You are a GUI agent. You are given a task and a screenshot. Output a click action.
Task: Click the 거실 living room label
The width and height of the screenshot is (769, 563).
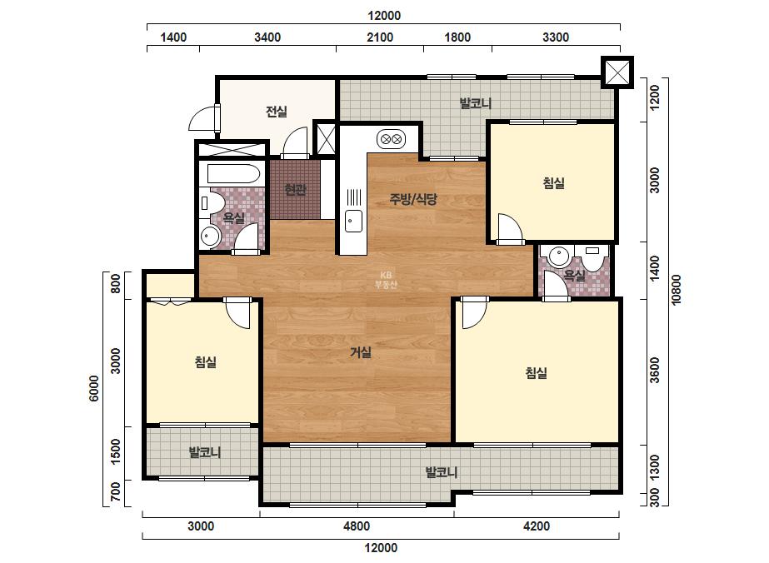click(361, 352)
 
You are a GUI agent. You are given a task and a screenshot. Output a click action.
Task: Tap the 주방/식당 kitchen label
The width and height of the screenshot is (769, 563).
click(413, 198)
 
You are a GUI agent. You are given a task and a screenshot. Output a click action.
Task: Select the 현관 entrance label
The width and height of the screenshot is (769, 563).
click(295, 189)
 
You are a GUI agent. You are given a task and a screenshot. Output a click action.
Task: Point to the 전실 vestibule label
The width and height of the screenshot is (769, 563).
click(277, 112)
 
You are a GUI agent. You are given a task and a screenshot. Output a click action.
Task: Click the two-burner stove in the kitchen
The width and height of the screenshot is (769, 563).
click(392, 139)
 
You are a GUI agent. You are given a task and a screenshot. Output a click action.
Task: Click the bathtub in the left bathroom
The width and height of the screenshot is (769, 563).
click(233, 173)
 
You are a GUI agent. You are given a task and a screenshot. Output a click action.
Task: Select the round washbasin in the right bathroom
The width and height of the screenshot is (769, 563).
click(558, 256)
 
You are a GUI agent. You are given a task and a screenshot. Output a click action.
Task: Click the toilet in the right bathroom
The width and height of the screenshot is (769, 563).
click(592, 257)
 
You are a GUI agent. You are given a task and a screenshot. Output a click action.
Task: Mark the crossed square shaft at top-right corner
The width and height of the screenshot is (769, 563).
click(617, 72)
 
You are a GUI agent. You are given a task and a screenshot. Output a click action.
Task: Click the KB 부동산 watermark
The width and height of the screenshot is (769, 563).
click(386, 280)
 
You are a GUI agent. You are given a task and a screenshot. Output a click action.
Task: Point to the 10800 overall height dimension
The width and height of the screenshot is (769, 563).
click(677, 290)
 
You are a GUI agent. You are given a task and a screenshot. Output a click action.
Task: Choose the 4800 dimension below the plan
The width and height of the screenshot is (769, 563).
click(357, 526)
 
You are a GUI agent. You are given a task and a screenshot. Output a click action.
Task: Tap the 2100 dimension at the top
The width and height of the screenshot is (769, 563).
click(380, 37)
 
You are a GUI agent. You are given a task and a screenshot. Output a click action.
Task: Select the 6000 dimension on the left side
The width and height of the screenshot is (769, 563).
click(93, 388)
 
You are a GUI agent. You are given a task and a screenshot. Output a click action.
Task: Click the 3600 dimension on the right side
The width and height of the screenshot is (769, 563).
click(654, 371)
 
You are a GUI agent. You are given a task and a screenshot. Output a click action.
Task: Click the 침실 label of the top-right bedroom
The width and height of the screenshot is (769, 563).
click(554, 183)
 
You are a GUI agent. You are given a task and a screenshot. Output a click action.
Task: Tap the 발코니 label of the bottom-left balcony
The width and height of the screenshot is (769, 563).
click(205, 451)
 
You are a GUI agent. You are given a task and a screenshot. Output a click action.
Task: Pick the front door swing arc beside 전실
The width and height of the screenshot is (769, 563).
click(200, 117)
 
